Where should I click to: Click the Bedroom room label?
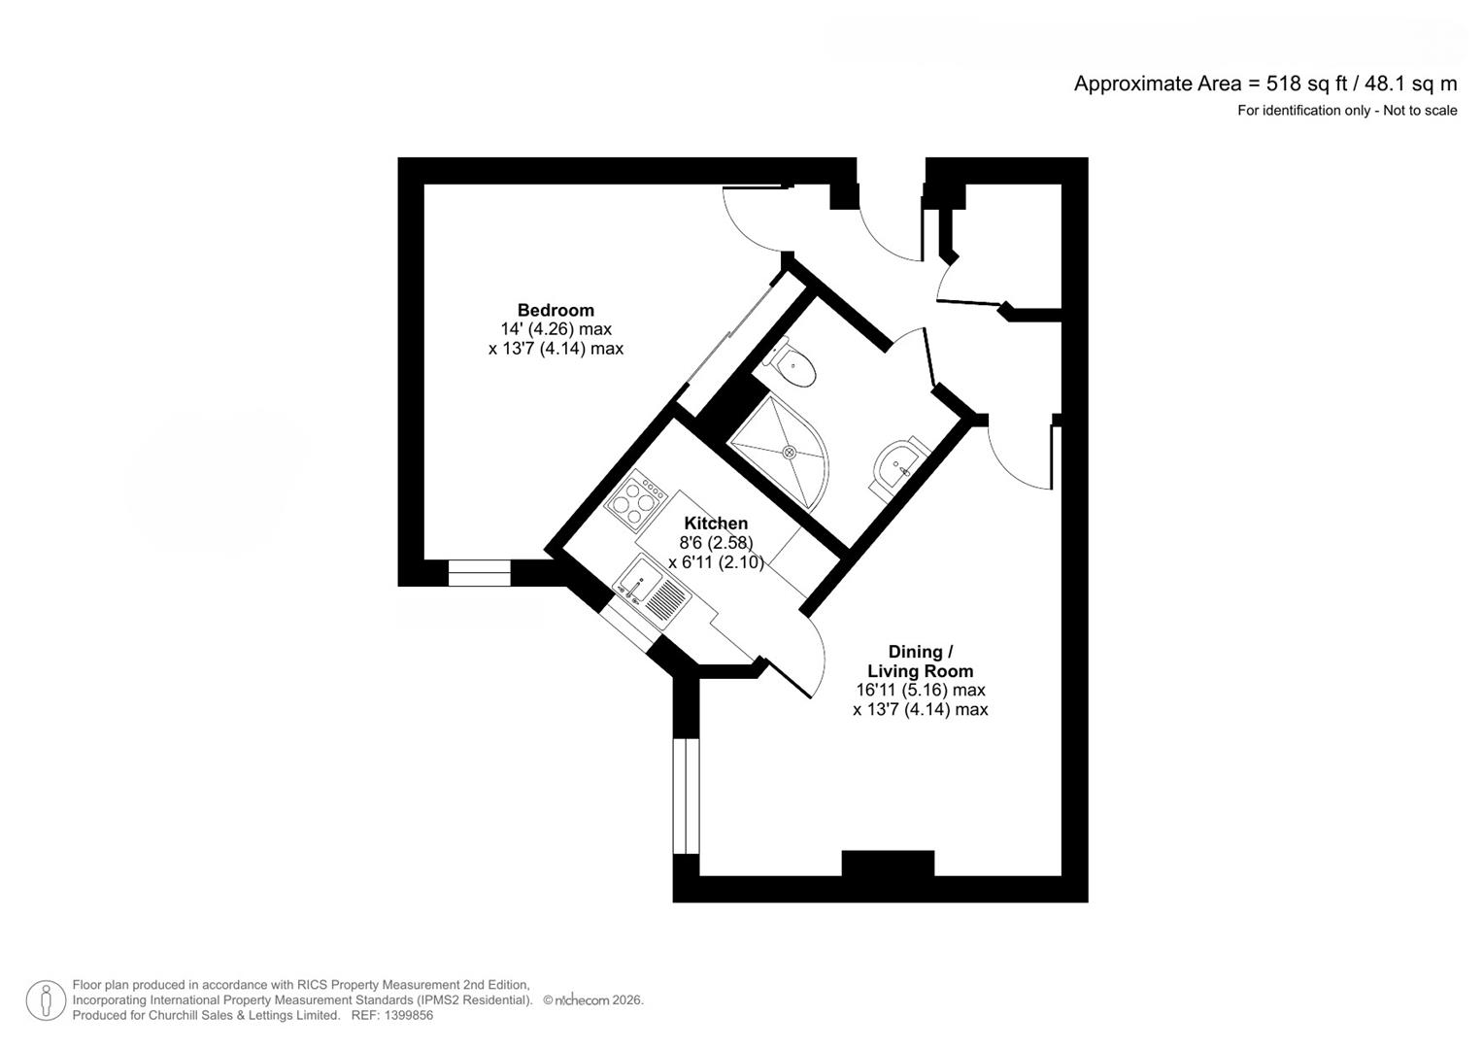click(x=556, y=310)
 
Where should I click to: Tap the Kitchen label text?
click(x=716, y=524)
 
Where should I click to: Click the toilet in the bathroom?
click(x=792, y=366)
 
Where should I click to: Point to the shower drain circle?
click(x=790, y=452)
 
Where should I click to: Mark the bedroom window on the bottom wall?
click(x=479, y=573)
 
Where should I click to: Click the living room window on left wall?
click(x=686, y=795)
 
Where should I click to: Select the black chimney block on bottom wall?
click(x=888, y=863)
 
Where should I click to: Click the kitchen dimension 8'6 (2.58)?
click(x=716, y=543)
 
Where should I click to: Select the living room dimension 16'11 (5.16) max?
click(x=920, y=691)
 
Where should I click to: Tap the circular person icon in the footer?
click(x=46, y=1000)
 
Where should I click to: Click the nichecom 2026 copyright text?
click(x=593, y=1000)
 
